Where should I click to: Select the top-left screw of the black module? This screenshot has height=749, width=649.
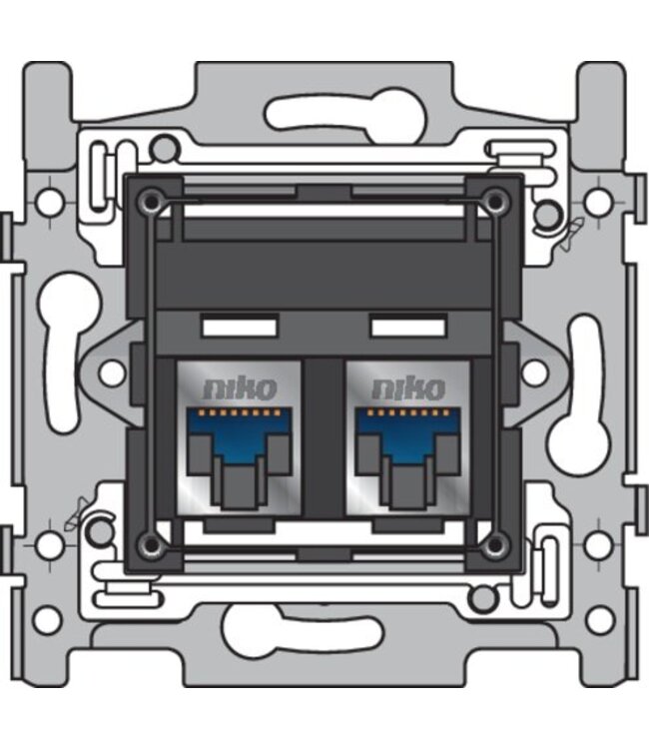150,199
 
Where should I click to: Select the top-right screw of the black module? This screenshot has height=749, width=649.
493,201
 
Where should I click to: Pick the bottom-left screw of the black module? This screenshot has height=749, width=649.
150,543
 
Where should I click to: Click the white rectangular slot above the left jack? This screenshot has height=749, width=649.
238,327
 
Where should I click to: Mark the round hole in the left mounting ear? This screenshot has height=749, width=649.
112,373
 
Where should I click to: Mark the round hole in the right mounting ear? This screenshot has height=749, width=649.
535,373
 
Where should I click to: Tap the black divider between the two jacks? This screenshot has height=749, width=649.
323,439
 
